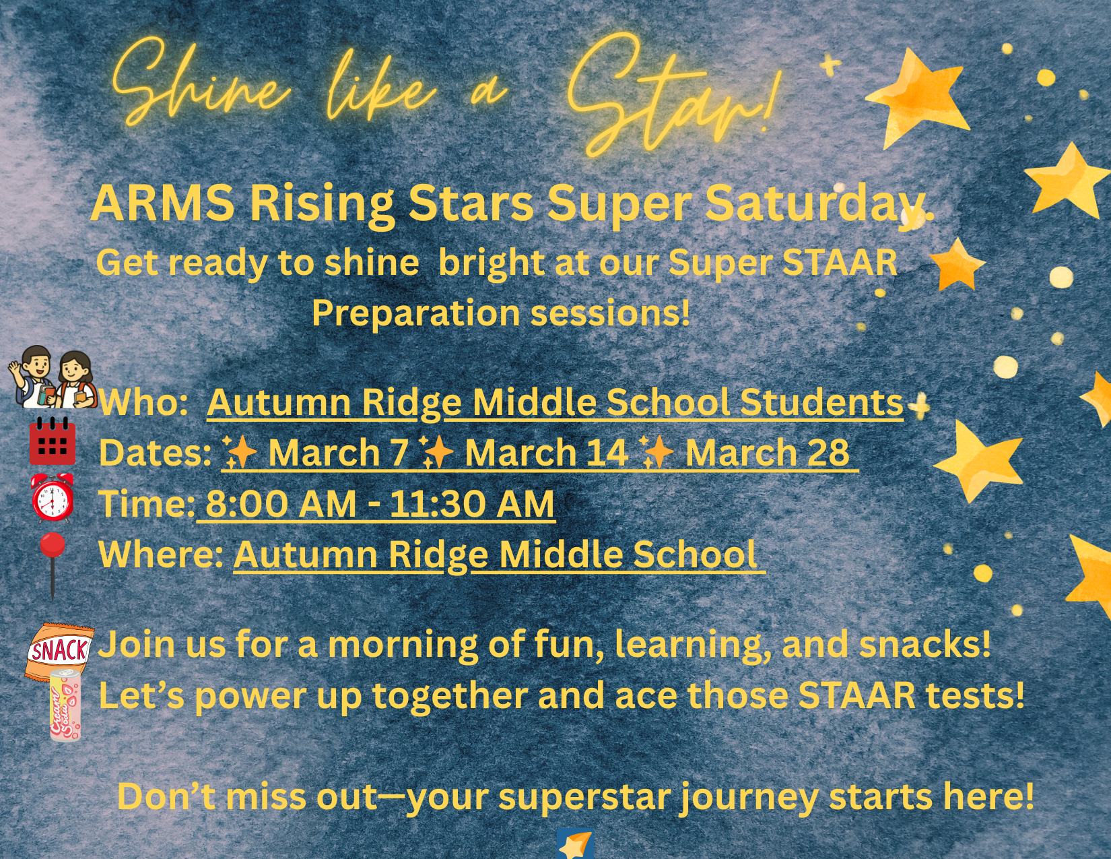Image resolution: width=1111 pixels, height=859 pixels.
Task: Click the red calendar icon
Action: click(52, 441)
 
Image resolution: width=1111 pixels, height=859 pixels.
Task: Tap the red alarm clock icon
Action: click(52, 498)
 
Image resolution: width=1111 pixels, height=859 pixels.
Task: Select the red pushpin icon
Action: click(53, 565)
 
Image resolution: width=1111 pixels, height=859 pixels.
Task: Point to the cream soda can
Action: click(65, 705)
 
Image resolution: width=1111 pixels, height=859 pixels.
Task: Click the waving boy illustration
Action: click(31, 377)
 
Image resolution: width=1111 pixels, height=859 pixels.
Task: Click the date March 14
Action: click(546, 452)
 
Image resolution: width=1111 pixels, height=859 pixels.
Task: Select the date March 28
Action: click(767, 452)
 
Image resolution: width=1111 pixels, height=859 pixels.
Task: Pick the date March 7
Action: click(339, 452)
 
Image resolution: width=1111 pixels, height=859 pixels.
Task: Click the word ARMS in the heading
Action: click(162, 203)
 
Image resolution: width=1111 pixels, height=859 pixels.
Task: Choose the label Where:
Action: click(161, 554)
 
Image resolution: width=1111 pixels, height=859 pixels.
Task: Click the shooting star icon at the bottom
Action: click(575, 844)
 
